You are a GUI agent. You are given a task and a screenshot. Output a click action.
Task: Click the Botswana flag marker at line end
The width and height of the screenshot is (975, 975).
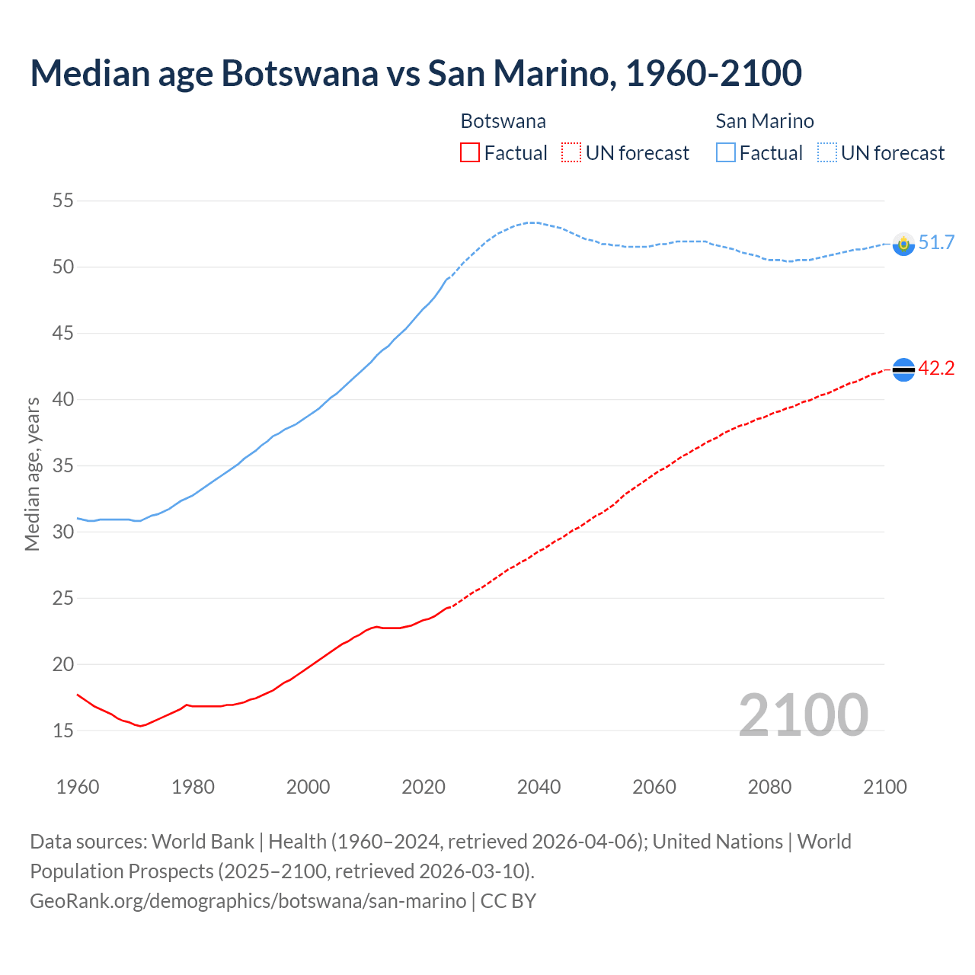[x=903, y=369]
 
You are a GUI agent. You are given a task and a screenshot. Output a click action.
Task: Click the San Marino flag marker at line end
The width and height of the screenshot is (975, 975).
[x=903, y=244]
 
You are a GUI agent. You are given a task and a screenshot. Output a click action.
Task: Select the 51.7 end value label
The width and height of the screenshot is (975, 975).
[x=936, y=243]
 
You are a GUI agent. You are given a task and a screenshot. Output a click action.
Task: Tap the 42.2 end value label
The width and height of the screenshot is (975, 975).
[x=936, y=369]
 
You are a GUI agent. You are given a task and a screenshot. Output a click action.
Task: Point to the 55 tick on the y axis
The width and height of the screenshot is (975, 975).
[x=62, y=201]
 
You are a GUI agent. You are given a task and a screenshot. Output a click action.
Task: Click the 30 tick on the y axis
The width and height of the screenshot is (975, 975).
[x=62, y=532]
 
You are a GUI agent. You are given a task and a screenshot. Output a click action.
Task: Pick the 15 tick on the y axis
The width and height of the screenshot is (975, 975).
[x=62, y=730]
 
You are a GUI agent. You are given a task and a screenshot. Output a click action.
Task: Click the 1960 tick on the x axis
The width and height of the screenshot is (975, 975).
[x=78, y=787]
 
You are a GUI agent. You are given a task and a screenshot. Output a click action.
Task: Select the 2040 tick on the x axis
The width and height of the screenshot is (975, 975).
[x=539, y=787]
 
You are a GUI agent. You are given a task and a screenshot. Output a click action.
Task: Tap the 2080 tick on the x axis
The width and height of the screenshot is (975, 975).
[x=769, y=787]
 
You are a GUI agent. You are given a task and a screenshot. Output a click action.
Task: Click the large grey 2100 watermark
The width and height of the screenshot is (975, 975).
[x=803, y=714]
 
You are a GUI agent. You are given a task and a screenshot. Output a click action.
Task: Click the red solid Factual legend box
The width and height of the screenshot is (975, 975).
[x=470, y=153]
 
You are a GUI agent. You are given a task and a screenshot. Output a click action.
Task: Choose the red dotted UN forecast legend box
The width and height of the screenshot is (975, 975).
[x=571, y=153]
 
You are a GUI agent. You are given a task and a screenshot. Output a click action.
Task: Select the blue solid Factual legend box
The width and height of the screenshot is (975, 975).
[x=726, y=153]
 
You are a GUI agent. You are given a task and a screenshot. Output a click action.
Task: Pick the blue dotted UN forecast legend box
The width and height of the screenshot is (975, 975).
[x=827, y=153]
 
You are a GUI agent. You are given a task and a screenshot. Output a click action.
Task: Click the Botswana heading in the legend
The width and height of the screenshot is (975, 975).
[x=503, y=121]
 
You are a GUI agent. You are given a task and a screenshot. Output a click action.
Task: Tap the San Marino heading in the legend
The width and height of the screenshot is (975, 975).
[x=765, y=121]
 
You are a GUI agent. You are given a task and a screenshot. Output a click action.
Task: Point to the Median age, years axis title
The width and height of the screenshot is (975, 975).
[x=32, y=474]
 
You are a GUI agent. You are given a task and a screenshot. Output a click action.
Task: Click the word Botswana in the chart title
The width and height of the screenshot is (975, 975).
[x=299, y=73]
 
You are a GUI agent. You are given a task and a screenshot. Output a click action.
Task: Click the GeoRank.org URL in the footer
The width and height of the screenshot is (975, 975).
[x=248, y=901]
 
